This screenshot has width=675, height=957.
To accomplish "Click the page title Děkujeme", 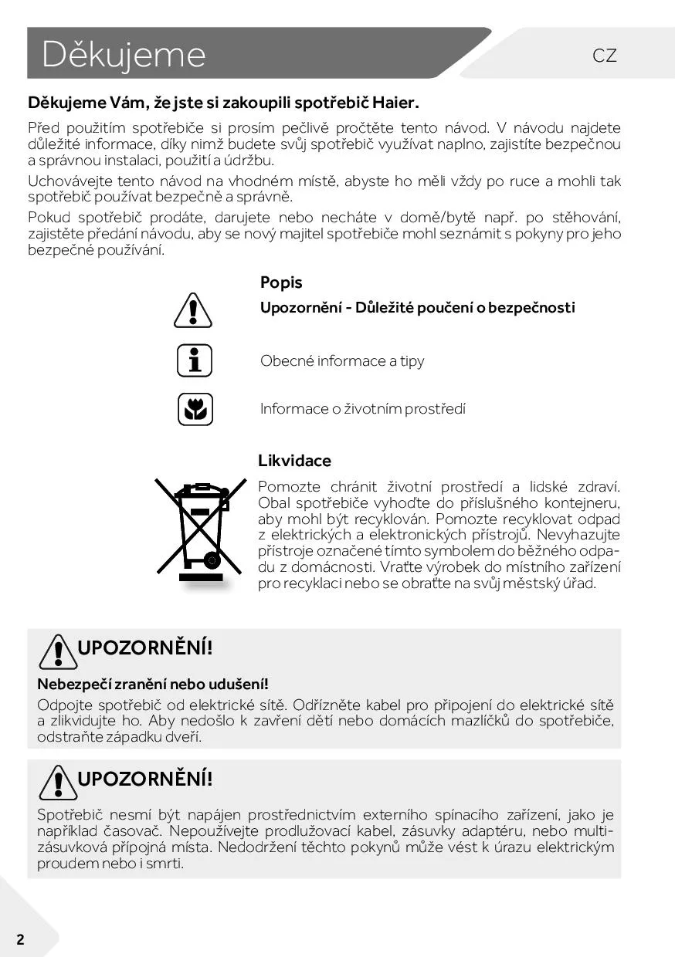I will click(124, 54).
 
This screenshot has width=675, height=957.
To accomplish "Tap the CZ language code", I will click(605, 55).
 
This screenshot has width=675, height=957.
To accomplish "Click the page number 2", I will click(20, 939).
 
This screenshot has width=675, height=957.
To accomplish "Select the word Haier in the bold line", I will click(395, 102).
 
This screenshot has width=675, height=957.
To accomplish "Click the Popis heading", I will click(281, 282).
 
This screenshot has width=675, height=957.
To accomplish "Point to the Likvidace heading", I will click(294, 461).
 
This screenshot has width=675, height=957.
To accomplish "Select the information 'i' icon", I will click(195, 360).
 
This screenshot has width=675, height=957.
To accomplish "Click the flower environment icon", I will click(195, 409).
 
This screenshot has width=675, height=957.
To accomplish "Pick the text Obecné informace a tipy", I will click(342, 360).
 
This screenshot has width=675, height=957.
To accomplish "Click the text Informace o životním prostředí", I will click(363, 409).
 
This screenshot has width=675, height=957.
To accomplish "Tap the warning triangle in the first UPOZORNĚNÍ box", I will click(55, 651).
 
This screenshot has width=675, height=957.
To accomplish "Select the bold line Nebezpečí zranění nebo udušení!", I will click(153, 684).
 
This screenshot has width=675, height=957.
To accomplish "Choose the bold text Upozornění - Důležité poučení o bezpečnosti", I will click(417, 307).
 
